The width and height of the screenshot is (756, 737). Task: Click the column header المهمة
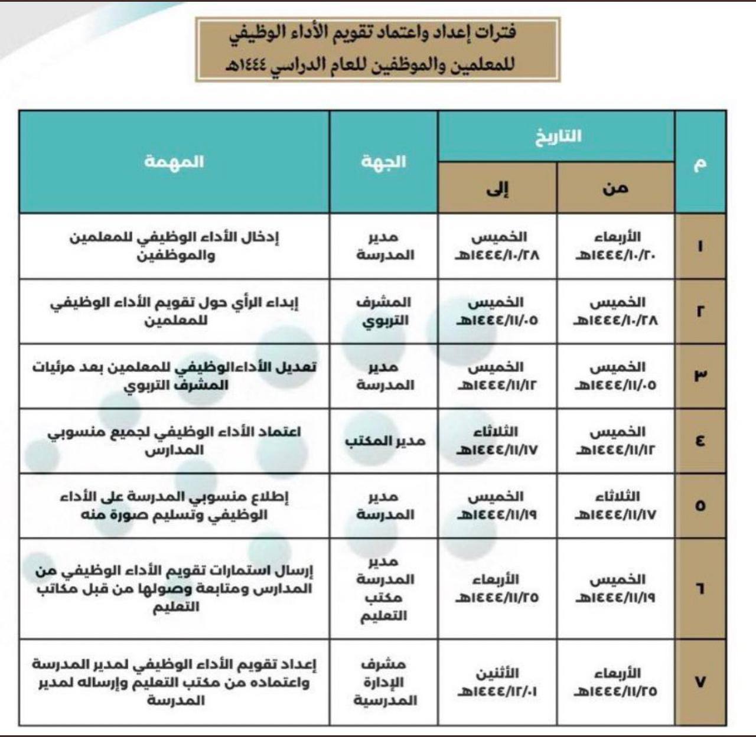(174, 161)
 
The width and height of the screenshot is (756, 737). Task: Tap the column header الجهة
(384, 161)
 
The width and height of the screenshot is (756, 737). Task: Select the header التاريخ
(558, 136)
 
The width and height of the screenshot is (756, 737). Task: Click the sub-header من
(615, 188)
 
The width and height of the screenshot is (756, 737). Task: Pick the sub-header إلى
(497, 188)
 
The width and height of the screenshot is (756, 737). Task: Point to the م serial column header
(700, 162)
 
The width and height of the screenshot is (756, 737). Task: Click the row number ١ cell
(700, 246)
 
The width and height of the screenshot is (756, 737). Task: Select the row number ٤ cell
(700, 441)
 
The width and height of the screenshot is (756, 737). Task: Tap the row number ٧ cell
(700, 682)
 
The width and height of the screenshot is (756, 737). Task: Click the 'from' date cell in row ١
(615, 246)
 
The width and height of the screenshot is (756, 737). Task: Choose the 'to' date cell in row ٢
(497, 311)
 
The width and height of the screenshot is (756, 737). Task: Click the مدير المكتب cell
(384, 441)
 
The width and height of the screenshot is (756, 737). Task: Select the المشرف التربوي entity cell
(384, 311)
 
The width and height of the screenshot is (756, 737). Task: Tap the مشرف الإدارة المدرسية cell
(384, 682)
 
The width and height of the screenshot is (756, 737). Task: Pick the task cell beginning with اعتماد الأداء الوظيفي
(174, 441)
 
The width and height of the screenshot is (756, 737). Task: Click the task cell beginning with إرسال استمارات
(174, 588)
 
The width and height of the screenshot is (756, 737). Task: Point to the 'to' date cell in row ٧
(497, 682)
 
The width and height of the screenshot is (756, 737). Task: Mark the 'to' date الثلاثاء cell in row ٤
(497, 441)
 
